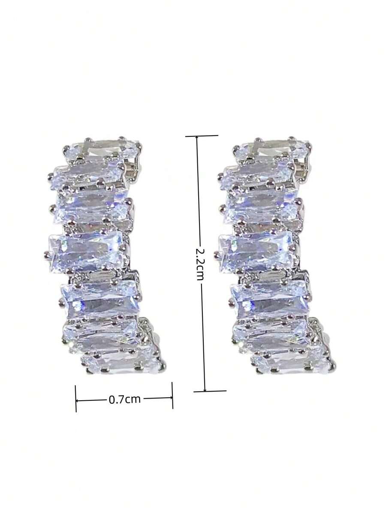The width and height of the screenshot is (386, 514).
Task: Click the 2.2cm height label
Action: pyautogui.click(x=199, y=264)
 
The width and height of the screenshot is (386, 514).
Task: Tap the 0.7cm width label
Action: pyautogui.click(x=124, y=399)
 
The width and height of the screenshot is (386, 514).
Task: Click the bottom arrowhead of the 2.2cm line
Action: pyautogui.click(x=205, y=389)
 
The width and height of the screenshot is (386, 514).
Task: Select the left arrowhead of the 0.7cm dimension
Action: pyautogui.click(x=78, y=400)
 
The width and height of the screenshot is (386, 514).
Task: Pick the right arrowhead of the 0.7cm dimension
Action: pyautogui.click(x=170, y=398)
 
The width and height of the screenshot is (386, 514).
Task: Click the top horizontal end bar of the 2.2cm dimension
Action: pyautogui.click(x=202, y=136)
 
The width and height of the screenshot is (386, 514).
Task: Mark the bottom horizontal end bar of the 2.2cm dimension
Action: pyautogui.click(x=210, y=391)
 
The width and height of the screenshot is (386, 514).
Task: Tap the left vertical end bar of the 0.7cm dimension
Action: pyautogui.click(x=75, y=398)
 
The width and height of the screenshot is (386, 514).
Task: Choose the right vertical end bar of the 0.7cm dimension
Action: pyautogui.click(x=172, y=395)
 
